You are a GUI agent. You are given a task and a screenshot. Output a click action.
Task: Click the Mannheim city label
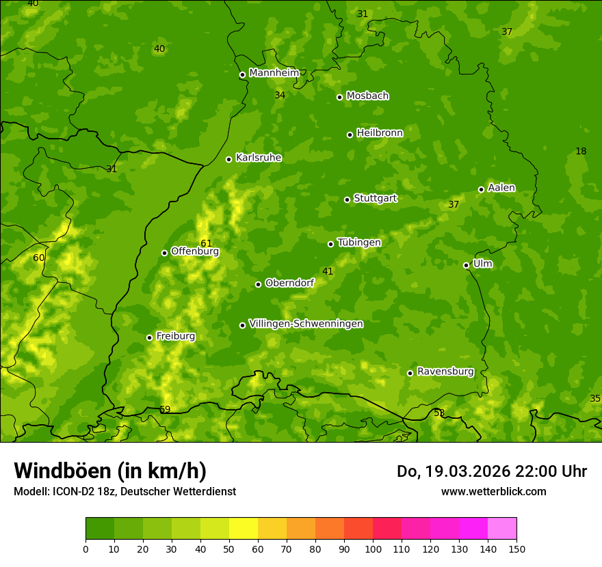click(274, 73)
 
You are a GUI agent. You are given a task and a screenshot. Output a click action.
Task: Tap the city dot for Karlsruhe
click(228, 159)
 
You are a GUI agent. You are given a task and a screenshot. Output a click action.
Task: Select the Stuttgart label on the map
click(375, 198)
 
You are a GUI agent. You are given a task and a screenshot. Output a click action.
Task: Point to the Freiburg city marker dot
click(149, 337)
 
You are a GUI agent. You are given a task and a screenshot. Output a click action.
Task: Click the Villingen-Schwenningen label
click(306, 324)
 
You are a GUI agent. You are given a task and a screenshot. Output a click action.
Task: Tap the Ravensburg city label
click(445, 372)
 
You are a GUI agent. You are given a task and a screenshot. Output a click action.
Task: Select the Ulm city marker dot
click(466, 265)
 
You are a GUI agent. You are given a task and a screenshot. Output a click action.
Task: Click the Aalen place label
click(501, 188)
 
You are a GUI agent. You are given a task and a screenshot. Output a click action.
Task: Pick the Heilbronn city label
click(380, 133)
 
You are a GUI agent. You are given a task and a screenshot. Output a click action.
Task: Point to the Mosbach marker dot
click(339, 97)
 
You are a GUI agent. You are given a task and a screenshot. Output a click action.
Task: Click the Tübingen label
click(359, 243)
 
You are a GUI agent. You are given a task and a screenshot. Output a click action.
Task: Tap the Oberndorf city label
click(289, 283)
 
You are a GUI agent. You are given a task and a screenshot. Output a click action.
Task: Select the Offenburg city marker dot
click(164, 253)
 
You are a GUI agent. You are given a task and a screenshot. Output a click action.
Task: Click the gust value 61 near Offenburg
click(206, 244)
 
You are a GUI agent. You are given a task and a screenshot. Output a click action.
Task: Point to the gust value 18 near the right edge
click(581, 151)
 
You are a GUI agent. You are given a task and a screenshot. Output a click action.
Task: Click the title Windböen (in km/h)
click(110, 471)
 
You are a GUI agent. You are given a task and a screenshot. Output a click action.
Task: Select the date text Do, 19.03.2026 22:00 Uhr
click(492, 471)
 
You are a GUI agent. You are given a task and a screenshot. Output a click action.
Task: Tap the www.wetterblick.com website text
click(493, 491)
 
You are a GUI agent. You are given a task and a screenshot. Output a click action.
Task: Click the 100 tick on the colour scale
click(373, 549)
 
